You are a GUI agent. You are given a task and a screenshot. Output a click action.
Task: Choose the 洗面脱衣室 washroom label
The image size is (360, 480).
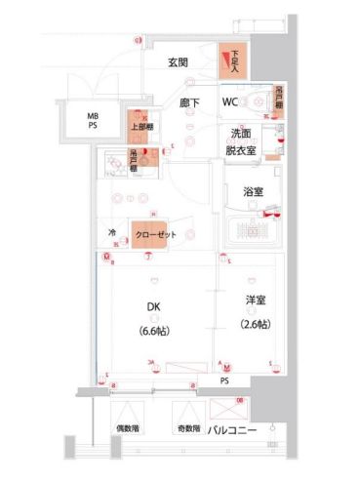(241, 143)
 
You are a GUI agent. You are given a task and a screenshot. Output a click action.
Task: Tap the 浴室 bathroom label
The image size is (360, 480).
(253, 191)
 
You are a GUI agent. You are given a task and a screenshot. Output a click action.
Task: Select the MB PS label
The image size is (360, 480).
(95, 121)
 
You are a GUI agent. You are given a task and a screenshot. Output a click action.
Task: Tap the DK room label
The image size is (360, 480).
(154, 306)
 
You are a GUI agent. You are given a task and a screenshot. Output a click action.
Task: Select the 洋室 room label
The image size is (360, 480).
(253, 300)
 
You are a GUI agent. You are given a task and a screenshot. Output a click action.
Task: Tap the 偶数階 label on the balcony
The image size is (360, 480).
(128, 429)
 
